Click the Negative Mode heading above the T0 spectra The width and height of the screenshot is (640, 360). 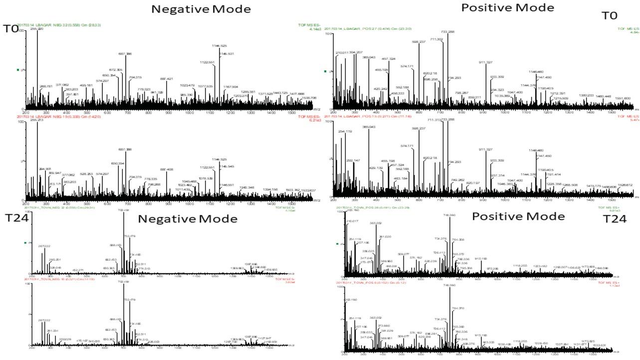(x=201, y=9)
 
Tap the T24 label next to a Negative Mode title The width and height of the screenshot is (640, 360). (x=14, y=218)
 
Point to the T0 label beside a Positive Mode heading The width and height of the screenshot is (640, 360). (x=610, y=15)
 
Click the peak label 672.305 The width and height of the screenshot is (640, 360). (x=116, y=70)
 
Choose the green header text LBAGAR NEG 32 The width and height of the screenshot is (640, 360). (x=59, y=24)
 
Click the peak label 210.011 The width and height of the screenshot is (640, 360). (x=342, y=52)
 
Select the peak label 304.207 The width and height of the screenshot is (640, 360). (x=356, y=52)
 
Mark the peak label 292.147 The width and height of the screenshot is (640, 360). (x=353, y=161)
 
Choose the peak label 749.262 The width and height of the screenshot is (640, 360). (x=457, y=180)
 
